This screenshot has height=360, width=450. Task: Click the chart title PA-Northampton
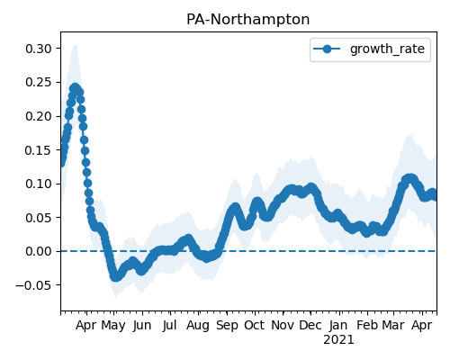pos(247,20)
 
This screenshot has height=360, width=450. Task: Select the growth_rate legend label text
pos(387,49)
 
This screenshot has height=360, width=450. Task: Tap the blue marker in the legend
pos(327,49)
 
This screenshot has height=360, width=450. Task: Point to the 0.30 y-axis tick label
pos(39,49)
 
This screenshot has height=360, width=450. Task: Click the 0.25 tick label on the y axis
pos(39,82)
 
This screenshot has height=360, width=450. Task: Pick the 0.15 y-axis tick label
pos(39,150)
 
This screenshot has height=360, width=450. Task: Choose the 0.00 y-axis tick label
pos(39,251)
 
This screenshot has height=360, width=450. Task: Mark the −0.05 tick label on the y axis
pos(33,285)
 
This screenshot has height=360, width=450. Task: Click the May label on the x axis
pos(113,326)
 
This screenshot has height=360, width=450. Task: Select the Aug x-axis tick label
pos(198,326)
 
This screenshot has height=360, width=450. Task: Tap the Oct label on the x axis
pos(254,325)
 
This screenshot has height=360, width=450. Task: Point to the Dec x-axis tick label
pos(310,325)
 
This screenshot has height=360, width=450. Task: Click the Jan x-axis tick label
pos(338,325)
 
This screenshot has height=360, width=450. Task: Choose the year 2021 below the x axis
pos(338,340)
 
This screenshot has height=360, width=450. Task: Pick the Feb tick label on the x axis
pos(367,325)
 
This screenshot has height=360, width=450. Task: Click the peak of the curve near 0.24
pos(75,88)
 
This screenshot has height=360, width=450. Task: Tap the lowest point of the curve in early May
pos(116,277)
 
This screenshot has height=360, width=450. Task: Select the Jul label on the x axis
pos(169,325)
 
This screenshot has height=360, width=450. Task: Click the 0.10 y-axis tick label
pos(39,184)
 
